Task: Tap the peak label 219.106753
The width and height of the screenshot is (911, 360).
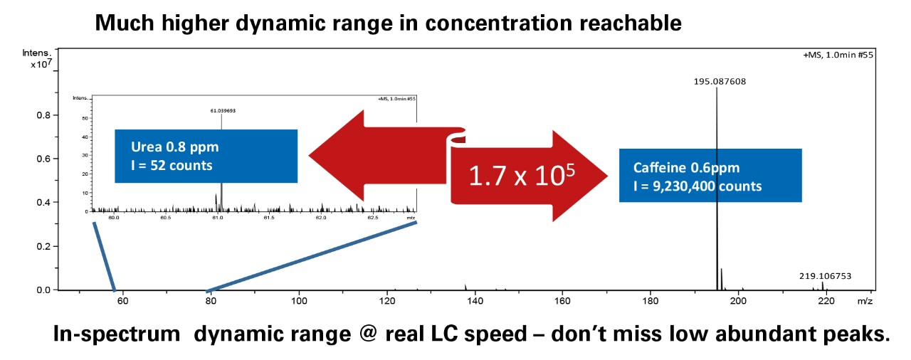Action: point(825,276)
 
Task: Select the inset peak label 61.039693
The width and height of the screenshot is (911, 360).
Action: point(223,111)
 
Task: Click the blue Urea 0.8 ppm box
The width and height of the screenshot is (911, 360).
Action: point(206,157)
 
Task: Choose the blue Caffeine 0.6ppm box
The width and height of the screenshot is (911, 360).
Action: point(710,175)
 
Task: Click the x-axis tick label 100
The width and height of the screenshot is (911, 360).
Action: point(299,302)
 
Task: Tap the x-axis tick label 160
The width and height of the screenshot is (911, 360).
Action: point(562,302)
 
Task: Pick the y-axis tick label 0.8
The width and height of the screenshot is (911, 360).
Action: point(43,115)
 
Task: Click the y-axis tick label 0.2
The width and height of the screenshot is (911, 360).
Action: point(43,246)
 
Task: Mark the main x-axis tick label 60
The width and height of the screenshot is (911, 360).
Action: point(122,302)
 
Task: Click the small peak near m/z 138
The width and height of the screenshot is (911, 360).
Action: point(465,287)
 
